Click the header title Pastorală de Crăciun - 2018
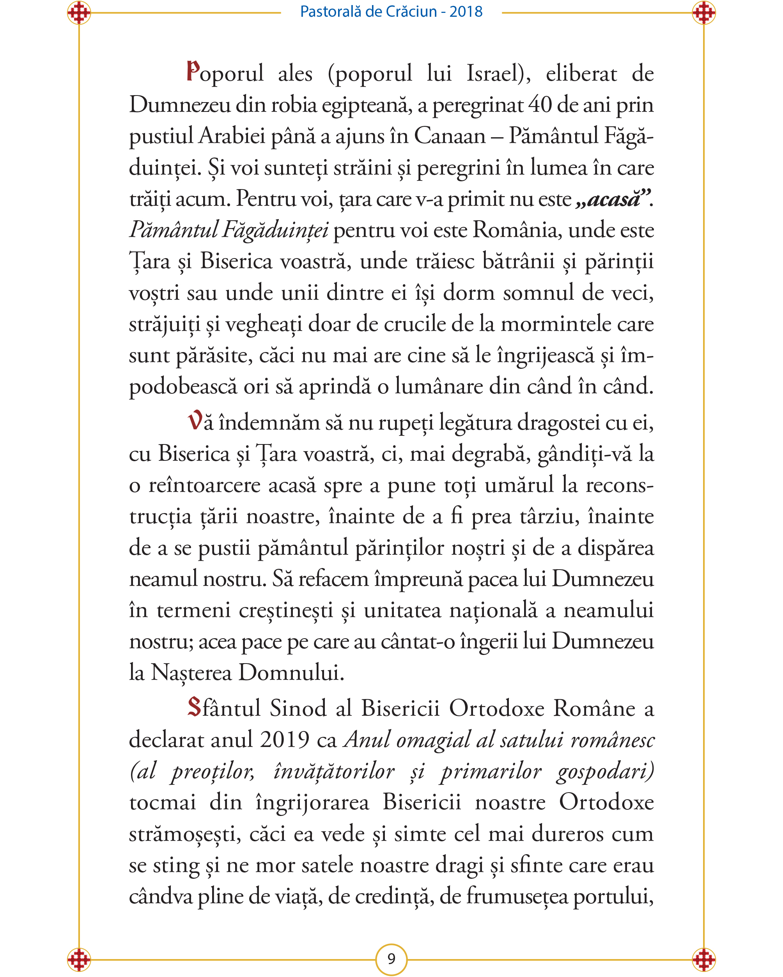pos(391,11)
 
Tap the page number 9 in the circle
pos(391,959)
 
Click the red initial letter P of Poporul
pos(193,72)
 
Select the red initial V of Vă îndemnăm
pos(195,421)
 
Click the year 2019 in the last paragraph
pos(285,740)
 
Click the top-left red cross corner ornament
pos(79,13)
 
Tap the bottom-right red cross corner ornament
pos(704,959)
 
